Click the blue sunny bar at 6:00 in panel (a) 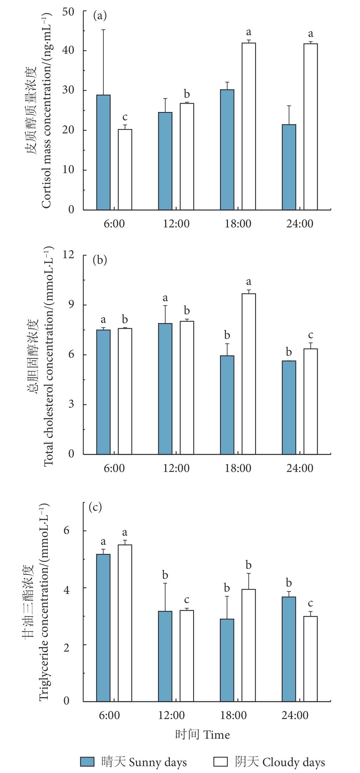pyautogui.click(x=103, y=152)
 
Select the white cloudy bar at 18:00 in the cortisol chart pyautogui.click(x=249, y=126)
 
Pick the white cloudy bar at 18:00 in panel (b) pyautogui.click(x=249, y=374)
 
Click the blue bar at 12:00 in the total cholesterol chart pyautogui.click(x=165, y=388)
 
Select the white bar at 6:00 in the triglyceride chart pyautogui.click(x=125, y=623)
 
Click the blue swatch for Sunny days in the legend pyautogui.click(x=87, y=761)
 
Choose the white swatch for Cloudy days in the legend pyautogui.click(x=220, y=761)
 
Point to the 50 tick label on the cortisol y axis pyautogui.click(x=68, y=12)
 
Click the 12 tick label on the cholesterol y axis pyautogui.click(x=68, y=255)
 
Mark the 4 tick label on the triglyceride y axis pyautogui.click(x=66, y=590)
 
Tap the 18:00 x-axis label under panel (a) pyautogui.click(x=238, y=224)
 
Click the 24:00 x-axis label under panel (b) pyautogui.click(x=300, y=468)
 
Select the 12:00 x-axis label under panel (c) pyautogui.click(x=171, y=715)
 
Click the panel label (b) pyautogui.click(x=100, y=260)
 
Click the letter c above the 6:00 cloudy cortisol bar pyautogui.click(x=125, y=117)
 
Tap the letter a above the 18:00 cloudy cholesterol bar pyautogui.click(x=249, y=281)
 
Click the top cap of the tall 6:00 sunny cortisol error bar pyautogui.click(x=103, y=30)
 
